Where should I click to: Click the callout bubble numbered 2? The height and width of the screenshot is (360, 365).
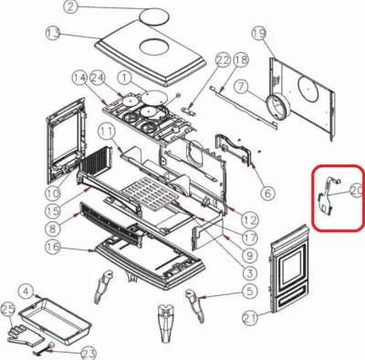70,6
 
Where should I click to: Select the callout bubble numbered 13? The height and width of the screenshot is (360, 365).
54,34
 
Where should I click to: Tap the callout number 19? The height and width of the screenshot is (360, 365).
259,34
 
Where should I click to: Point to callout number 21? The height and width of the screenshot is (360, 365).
250,318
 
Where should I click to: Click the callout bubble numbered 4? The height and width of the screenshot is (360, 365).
27,291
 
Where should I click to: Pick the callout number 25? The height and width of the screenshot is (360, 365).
8,310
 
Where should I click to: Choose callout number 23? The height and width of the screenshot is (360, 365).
89,355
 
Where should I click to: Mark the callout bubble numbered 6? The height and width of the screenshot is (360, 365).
267,193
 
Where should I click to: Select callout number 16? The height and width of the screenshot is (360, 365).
53,248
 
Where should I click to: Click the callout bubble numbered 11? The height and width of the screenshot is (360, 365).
107,132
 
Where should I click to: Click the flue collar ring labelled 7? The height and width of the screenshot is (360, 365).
277,107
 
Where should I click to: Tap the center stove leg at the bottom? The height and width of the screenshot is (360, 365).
166,323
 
